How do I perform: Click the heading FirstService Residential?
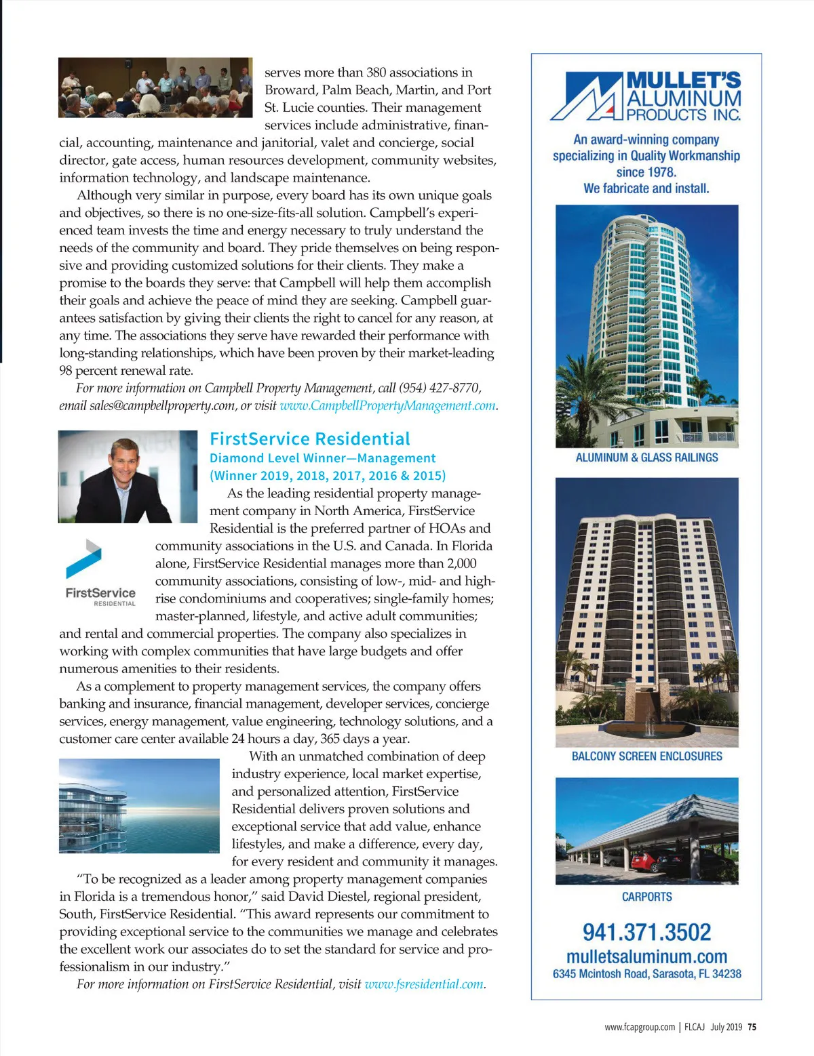(x=310, y=439)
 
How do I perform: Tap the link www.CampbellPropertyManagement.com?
(x=387, y=405)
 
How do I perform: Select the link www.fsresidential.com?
(x=424, y=983)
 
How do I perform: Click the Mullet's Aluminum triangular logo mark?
(x=587, y=97)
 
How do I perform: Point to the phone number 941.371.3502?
(x=646, y=932)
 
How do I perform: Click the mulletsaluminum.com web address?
(x=646, y=956)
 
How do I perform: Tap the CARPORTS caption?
(x=646, y=897)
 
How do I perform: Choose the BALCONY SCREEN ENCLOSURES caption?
(x=646, y=756)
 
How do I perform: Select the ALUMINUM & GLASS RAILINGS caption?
(x=646, y=458)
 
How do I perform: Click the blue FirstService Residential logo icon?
(x=84, y=559)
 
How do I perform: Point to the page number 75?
(x=752, y=1027)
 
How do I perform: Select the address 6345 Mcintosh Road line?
(x=646, y=974)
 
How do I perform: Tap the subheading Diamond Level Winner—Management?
(x=322, y=458)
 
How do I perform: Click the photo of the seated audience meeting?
(x=155, y=87)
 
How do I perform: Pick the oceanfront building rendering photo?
(x=139, y=805)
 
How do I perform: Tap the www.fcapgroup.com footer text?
(x=639, y=1027)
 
